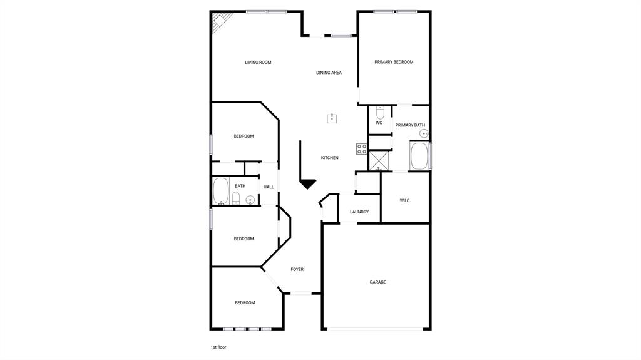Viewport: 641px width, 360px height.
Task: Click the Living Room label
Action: click(x=258, y=63)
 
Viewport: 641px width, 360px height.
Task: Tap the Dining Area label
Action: click(x=329, y=73)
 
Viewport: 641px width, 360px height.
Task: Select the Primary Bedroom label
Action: click(x=394, y=62)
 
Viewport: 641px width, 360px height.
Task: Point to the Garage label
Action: click(x=377, y=282)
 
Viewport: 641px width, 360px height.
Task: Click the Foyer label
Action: click(x=297, y=270)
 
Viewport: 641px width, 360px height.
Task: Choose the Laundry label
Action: click(x=359, y=212)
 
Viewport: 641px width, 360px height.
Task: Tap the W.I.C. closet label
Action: click(x=405, y=200)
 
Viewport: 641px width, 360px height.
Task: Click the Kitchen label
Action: click(x=330, y=158)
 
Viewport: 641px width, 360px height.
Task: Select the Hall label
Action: click(x=269, y=187)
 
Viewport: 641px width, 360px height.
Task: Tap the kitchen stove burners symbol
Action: click(x=362, y=149)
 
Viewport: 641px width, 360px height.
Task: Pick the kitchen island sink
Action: click(x=332, y=118)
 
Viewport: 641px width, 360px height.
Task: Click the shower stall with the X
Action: click(x=379, y=160)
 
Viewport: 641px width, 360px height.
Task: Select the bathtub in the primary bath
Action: click(x=419, y=156)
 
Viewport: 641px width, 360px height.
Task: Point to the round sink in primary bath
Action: click(x=424, y=134)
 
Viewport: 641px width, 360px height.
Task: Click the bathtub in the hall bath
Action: click(x=220, y=192)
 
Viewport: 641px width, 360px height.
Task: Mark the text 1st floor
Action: click(x=218, y=347)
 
